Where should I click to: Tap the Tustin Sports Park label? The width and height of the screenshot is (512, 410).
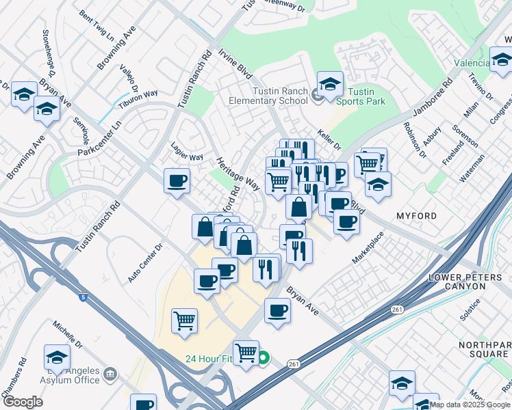click(360, 96)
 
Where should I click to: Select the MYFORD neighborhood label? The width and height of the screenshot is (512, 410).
click(416, 216)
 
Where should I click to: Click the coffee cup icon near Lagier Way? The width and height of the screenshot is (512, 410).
click(177, 181)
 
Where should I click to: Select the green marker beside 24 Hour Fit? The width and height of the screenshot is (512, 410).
click(263, 357)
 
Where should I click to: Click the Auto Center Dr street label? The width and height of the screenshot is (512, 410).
click(146, 264)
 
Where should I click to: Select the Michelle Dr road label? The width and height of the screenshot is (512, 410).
click(68, 334)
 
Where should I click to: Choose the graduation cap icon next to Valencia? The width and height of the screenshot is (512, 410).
click(502, 61)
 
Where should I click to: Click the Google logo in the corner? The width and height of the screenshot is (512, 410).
click(23, 402)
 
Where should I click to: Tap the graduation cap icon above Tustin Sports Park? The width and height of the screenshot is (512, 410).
click(330, 85)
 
